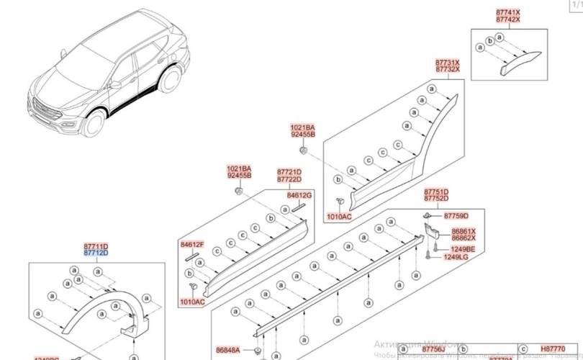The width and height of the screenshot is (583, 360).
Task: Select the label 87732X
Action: coord(446,70)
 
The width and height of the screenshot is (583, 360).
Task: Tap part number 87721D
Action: coord(289,173)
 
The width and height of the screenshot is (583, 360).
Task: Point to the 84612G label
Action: coord(299,195)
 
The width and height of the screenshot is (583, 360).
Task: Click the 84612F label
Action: coord(192,245)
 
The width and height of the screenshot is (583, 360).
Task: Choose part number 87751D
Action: coord(435,191)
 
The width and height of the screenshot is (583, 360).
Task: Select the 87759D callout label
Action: coord(456,215)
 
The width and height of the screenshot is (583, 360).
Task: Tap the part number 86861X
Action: coord(464,231)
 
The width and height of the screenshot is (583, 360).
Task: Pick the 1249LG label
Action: coord(455,256)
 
